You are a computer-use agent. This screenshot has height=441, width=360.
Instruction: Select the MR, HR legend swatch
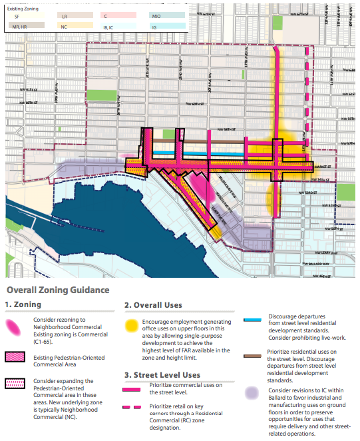[x=25, y=26]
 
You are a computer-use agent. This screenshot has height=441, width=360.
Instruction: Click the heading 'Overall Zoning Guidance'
[x=57, y=290]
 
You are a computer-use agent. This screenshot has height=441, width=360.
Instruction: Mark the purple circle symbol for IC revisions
[x=251, y=393]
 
